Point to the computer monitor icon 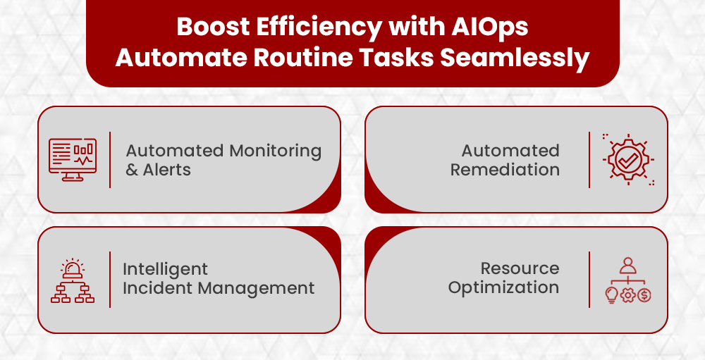point(73,159)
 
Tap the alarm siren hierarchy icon point(73,281)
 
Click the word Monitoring point(276,151)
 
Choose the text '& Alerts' point(158,170)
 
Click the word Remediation point(505,170)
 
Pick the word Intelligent point(166,269)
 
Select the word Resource point(520,268)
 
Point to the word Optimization point(503,287)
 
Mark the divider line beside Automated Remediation point(589,159)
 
